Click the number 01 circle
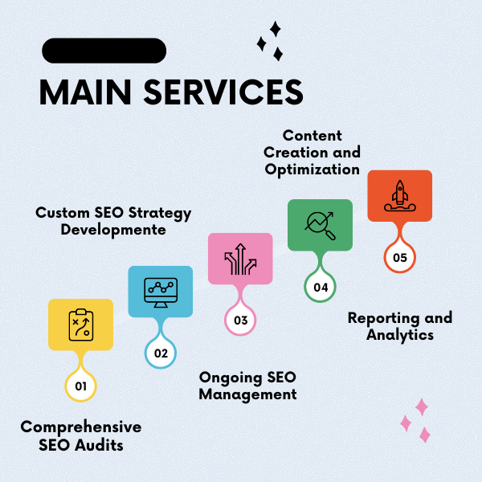coord(80,386)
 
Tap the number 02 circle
coord(161,353)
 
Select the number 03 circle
coord(240,320)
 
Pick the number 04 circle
coord(321,287)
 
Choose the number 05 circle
coord(400,257)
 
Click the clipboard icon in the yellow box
coord(80,325)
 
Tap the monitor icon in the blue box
coord(161,291)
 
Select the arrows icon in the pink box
coord(240,259)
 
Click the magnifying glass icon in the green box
coord(320,225)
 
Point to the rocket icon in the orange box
coord(399,196)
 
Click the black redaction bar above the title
coord(104,51)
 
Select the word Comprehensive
coord(80,427)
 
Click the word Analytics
coord(400,335)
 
